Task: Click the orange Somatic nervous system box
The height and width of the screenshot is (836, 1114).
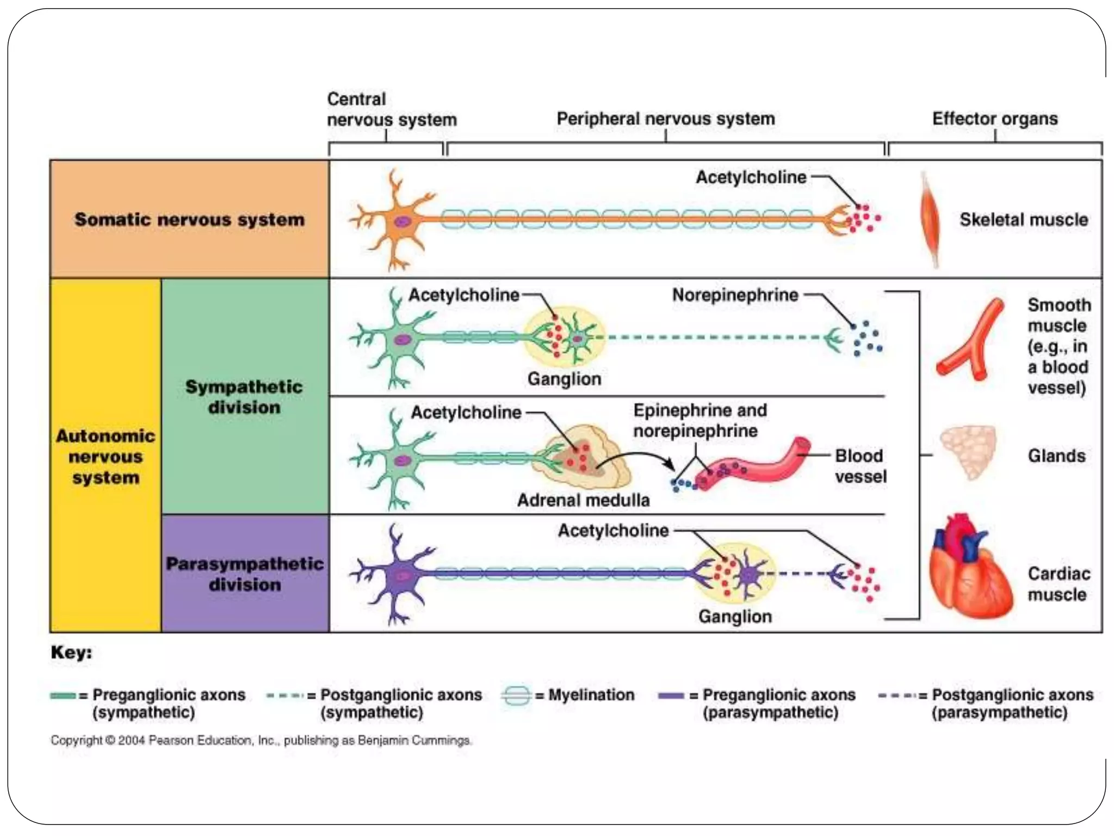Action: [x=189, y=219]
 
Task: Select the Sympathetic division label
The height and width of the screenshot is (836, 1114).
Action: [x=244, y=397]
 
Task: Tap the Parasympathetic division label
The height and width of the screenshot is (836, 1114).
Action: [x=244, y=574]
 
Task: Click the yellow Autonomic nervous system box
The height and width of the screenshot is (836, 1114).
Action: [x=106, y=456]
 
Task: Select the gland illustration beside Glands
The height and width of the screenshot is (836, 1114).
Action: [x=968, y=452]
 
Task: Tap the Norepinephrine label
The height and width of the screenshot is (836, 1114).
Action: [x=735, y=295]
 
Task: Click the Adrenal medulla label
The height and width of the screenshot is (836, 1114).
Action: [x=583, y=500]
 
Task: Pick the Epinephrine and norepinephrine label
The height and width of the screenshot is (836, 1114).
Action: [x=700, y=420]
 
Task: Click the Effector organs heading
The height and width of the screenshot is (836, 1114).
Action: [x=995, y=118]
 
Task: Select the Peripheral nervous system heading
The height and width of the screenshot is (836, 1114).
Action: [x=665, y=118]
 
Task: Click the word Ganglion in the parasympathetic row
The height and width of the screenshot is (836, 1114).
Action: [x=735, y=616]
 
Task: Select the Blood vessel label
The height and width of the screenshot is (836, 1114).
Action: [x=860, y=466]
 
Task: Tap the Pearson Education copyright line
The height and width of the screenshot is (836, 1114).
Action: [x=261, y=740]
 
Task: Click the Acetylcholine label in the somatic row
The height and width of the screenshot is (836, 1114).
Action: [x=751, y=177]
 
